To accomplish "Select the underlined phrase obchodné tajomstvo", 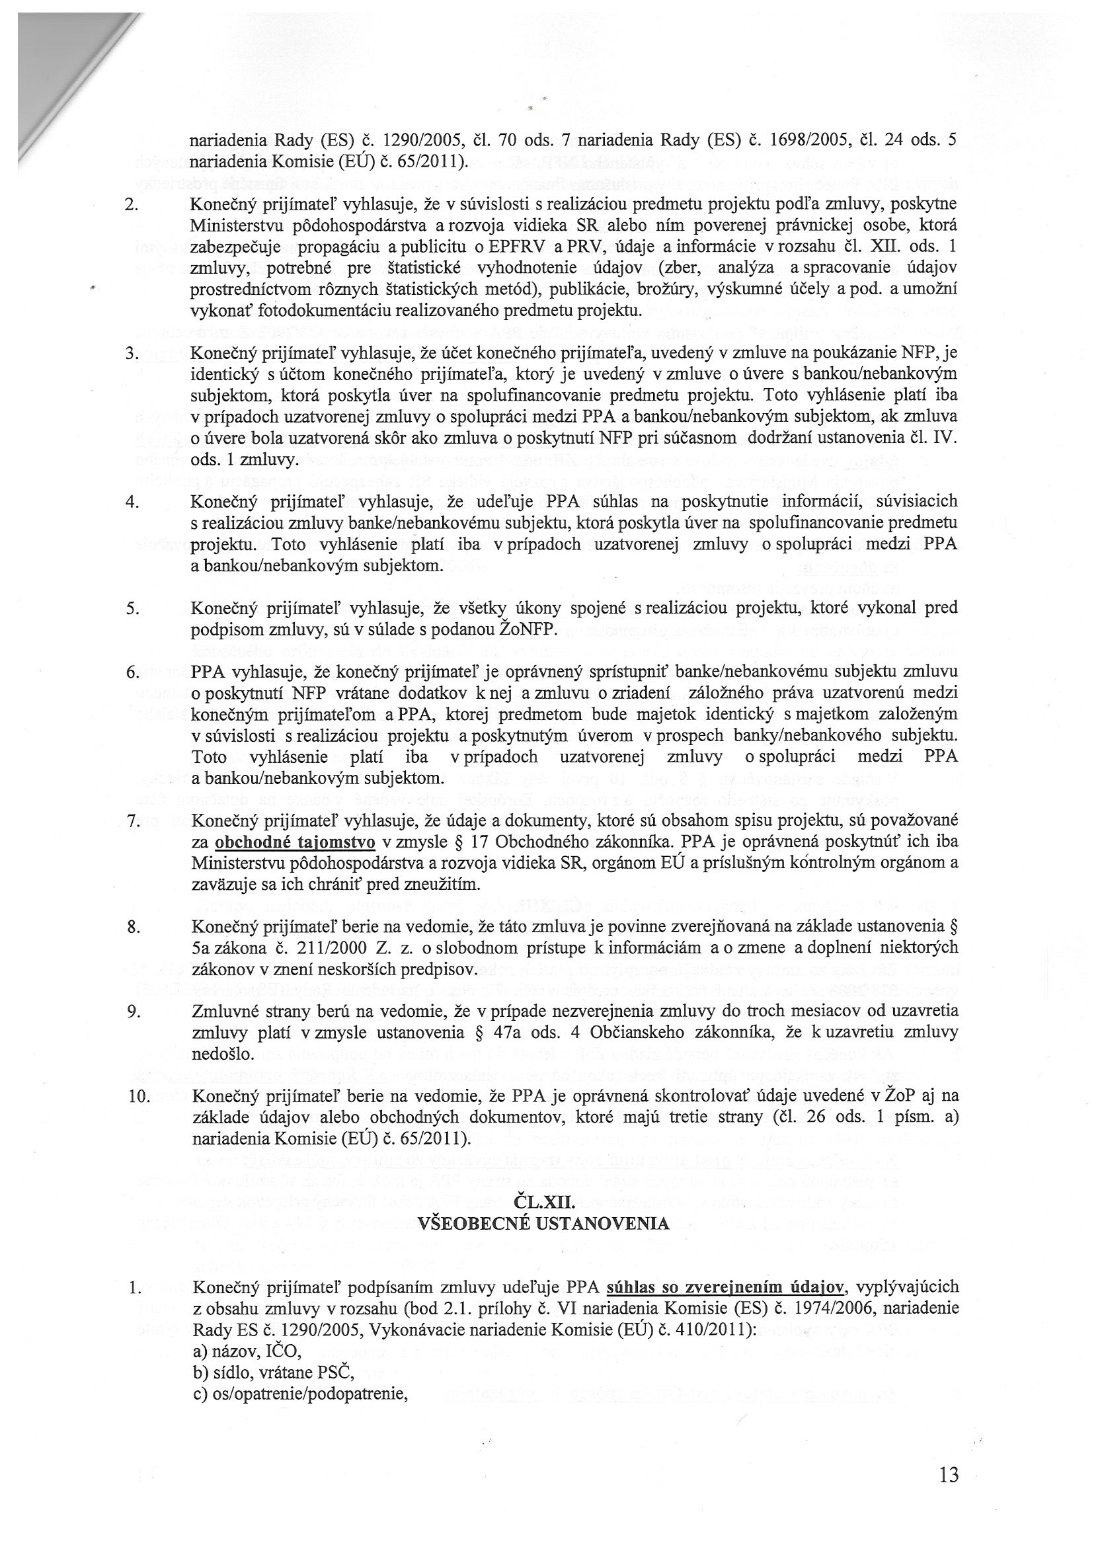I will click(295, 842).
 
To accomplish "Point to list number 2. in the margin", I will click(132, 204).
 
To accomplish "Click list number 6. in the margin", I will click(132, 672).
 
